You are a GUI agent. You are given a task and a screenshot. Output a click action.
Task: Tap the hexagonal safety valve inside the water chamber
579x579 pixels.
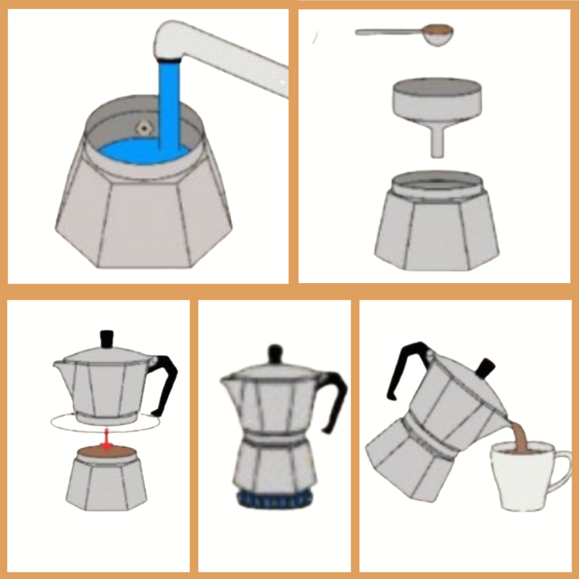pyautogui.click(x=143, y=128)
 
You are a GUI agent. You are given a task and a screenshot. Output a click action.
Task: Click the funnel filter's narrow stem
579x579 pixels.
pyautogui.click(x=437, y=142)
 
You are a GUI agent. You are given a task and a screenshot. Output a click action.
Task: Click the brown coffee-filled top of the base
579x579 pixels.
pyautogui.click(x=107, y=453)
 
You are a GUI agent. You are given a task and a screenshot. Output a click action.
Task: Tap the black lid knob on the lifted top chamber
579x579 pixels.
pyautogui.click(x=107, y=339)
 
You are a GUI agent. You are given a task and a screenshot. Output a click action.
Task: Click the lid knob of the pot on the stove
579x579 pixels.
pyautogui.click(x=276, y=354)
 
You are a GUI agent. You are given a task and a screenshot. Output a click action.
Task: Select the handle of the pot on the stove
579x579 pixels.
pyautogui.click(x=335, y=397)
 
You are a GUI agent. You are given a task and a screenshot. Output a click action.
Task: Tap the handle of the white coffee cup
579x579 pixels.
pyautogui.click(x=560, y=472)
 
